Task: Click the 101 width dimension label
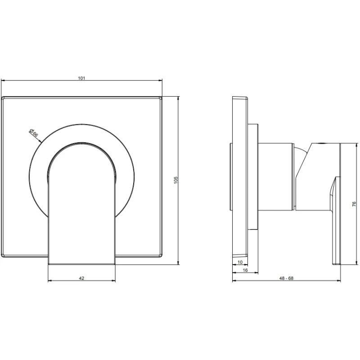[81, 78]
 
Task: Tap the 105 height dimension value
[176, 180]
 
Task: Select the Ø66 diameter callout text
[33, 133]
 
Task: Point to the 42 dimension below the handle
[81, 278]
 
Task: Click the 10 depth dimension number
[240, 262]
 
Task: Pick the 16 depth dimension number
[245, 270]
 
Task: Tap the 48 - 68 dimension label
[286, 278]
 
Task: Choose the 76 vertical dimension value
[354, 204]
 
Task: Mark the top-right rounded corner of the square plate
[161, 98]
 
